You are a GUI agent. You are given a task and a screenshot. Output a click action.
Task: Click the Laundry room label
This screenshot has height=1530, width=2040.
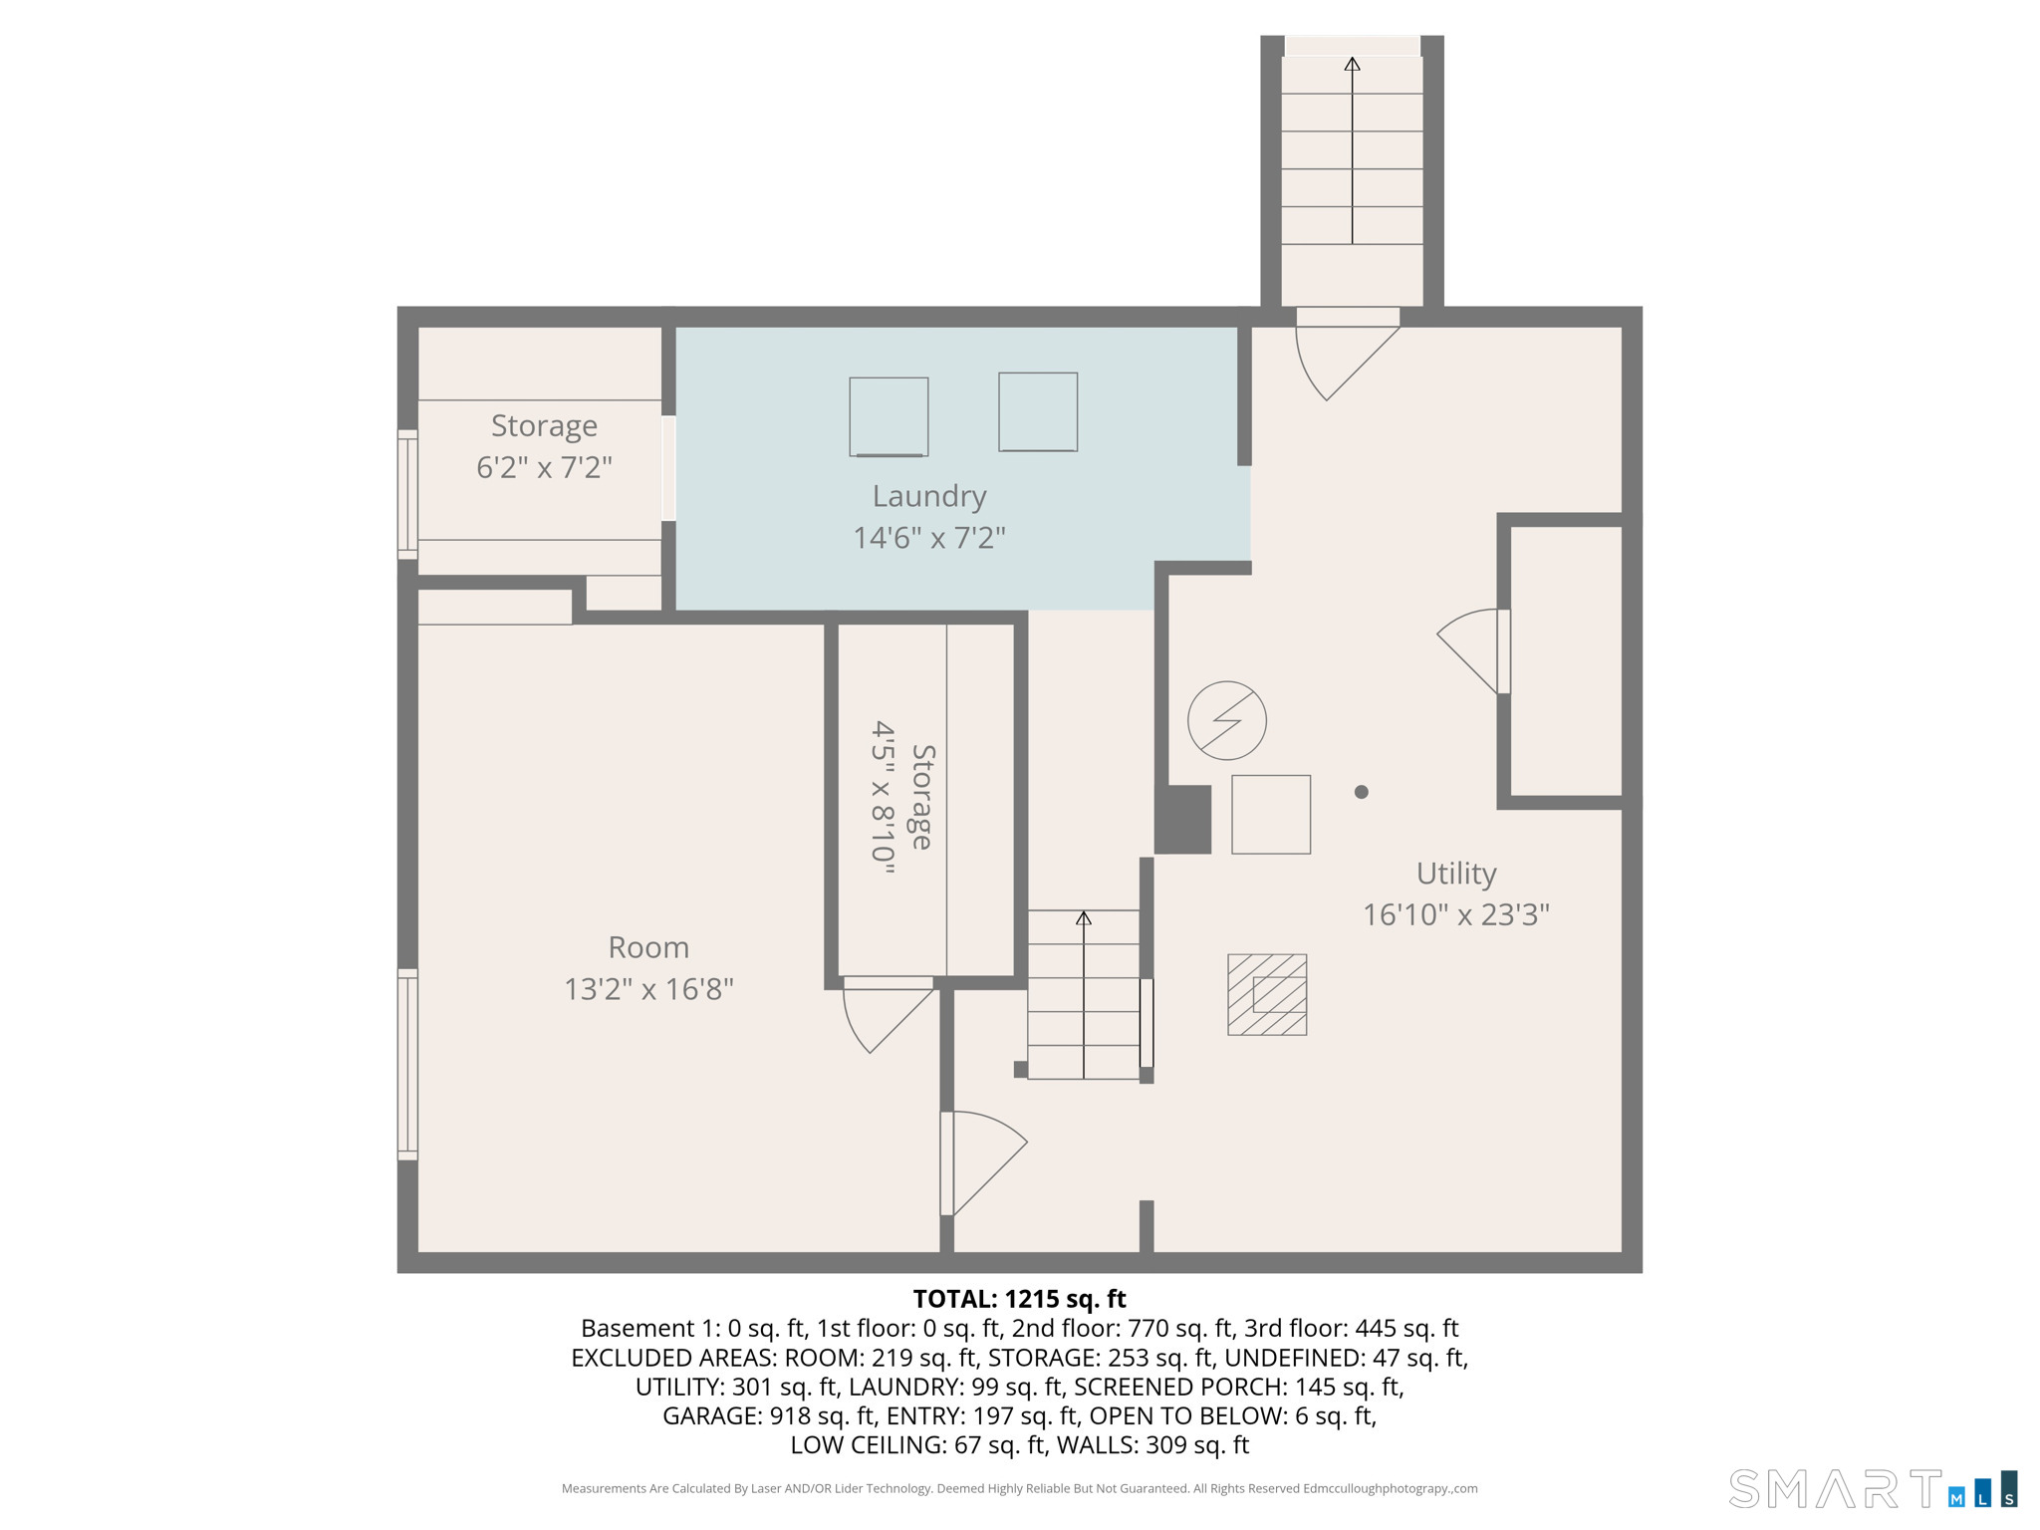(x=929, y=496)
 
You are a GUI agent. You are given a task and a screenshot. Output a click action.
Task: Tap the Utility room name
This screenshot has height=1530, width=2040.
(x=1456, y=874)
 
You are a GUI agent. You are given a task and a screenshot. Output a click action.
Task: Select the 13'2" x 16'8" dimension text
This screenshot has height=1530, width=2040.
(x=648, y=989)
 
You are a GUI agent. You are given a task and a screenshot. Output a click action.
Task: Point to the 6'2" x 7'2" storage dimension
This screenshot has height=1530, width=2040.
(x=544, y=467)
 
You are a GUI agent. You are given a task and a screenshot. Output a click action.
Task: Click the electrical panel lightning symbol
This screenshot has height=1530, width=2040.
(x=1227, y=720)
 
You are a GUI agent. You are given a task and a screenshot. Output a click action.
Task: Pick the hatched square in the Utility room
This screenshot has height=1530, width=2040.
(x=1267, y=994)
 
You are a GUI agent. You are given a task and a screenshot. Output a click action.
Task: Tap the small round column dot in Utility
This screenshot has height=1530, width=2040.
(x=1361, y=792)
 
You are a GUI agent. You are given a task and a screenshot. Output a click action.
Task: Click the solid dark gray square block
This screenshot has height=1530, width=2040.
(x=1182, y=819)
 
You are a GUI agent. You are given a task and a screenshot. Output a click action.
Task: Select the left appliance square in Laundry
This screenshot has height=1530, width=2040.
(x=889, y=416)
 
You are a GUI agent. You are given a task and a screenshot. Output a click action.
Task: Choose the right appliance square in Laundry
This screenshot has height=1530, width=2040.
(x=1038, y=411)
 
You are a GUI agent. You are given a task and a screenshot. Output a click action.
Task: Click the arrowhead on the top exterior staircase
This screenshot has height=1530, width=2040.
(x=1352, y=65)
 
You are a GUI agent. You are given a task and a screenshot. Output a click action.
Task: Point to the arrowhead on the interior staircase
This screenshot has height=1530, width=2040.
(x=1084, y=917)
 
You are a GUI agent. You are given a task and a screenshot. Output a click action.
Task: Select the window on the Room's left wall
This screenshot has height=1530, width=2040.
(x=407, y=1064)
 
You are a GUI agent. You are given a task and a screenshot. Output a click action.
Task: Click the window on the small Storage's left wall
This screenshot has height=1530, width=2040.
(x=407, y=494)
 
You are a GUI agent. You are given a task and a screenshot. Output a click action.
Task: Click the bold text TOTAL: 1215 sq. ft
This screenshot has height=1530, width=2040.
(x=1019, y=1299)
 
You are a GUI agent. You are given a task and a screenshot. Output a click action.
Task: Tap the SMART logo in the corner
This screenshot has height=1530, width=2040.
(x=1873, y=1489)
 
